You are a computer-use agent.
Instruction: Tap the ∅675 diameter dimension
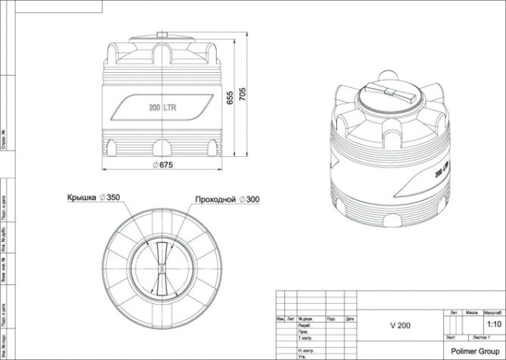(164, 166)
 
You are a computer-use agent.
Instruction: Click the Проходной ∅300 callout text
(226, 199)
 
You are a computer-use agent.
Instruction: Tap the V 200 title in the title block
(400, 326)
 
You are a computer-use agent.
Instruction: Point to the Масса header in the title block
(471, 311)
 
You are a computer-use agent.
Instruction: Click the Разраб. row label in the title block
(305, 324)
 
